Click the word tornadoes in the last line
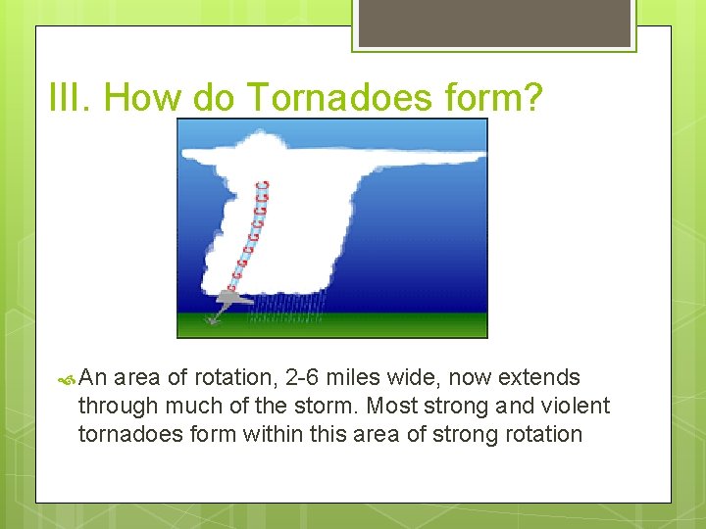[x=125, y=434]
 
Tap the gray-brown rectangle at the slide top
[x=494, y=23]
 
